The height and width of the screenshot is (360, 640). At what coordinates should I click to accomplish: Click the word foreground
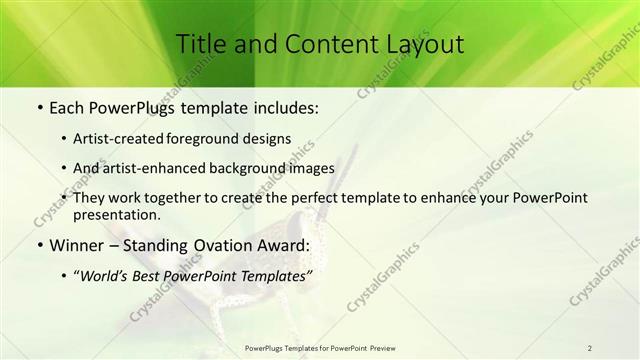218,138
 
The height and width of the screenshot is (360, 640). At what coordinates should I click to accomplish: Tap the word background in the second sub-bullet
259,168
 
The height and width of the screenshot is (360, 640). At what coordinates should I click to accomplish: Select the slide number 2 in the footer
590,348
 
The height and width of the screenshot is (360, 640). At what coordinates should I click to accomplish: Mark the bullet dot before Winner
40,245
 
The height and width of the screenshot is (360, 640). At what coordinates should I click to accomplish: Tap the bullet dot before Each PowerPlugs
40,107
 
